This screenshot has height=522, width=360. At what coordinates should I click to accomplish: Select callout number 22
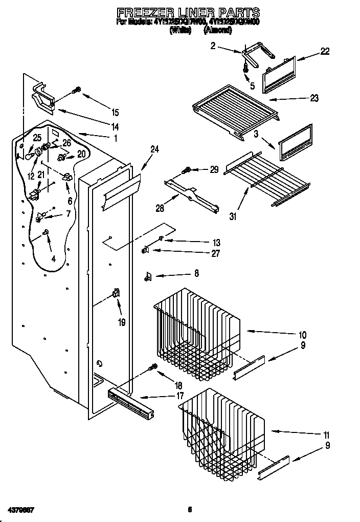[x=325, y=51]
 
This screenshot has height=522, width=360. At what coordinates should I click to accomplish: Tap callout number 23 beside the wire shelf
[x=314, y=98]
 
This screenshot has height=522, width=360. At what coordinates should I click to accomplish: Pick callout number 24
[x=154, y=149]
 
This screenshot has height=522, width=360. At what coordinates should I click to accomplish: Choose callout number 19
[x=122, y=322]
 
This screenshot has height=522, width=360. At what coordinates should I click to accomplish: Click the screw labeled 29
[x=188, y=169]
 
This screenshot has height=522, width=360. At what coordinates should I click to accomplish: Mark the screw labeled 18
[x=152, y=367]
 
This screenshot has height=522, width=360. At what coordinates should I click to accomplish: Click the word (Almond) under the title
[x=217, y=30]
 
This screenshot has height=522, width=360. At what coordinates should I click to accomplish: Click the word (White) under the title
[x=179, y=30]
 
